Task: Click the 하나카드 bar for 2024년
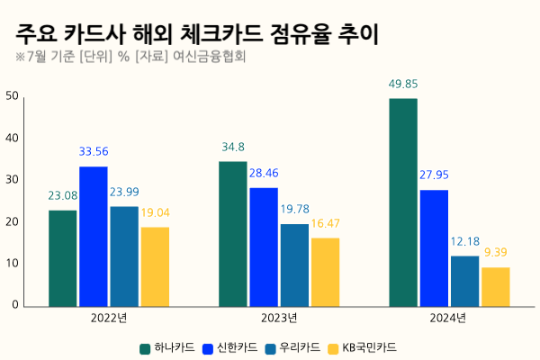point(402,202)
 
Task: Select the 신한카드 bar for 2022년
point(94,236)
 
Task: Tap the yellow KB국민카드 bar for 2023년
point(325,272)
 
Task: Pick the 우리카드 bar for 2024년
point(464,281)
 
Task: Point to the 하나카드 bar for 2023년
point(232,233)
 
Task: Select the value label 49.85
point(402,85)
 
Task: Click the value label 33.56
point(94,152)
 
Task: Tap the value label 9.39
point(496,253)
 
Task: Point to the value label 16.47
point(325,223)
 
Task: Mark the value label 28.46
point(264,173)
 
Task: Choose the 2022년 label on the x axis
point(108,319)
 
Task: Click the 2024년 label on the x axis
point(448,319)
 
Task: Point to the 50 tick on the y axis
point(12,96)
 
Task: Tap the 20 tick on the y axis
point(12,222)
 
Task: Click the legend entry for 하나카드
point(166,346)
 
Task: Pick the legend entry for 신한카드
point(232,346)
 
